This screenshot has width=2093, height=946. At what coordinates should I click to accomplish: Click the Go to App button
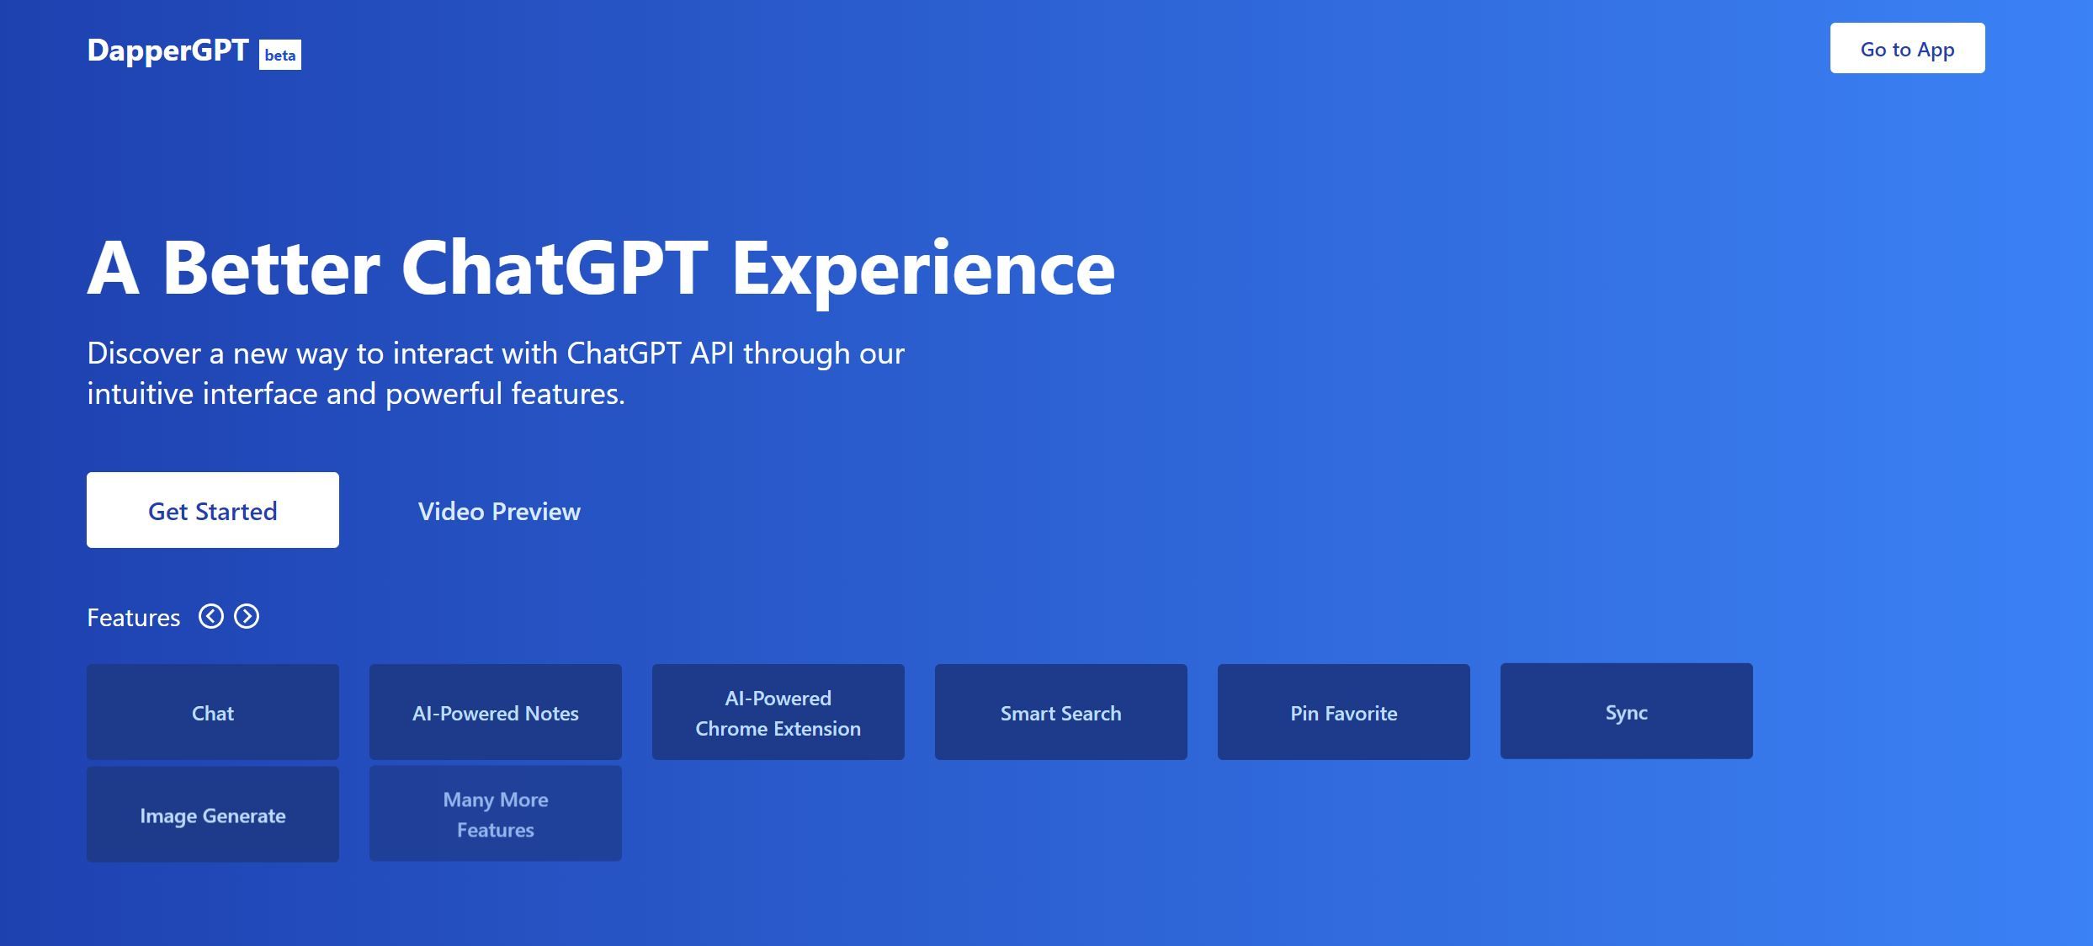[x=1906, y=49]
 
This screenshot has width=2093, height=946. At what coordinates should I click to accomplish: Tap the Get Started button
[x=213, y=510]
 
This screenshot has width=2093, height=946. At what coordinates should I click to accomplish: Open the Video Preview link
[x=499, y=511]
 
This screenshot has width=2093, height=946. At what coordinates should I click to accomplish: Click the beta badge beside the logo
[x=280, y=55]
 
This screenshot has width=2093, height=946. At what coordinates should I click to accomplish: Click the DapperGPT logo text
[x=167, y=50]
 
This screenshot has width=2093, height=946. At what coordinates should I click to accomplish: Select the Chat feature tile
[x=213, y=712]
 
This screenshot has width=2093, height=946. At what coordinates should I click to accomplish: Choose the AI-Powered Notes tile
[x=496, y=712]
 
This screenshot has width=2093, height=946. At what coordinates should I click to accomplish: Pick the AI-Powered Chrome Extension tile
[x=778, y=712]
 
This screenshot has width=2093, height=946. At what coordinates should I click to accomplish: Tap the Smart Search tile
[x=1061, y=712]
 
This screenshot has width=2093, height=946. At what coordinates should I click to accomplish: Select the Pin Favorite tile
[x=1344, y=712]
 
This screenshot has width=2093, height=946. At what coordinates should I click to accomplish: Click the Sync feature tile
[x=1627, y=711]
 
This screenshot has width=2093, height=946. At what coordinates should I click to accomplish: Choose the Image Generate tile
[x=213, y=814]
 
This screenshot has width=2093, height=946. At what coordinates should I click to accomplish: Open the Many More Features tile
[x=496, y=813]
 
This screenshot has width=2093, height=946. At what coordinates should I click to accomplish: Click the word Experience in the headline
[x=923, y=269]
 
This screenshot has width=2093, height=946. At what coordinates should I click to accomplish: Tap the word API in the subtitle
[x=712, y=353]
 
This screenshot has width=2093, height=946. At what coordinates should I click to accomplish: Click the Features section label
[x=134, y=618]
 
